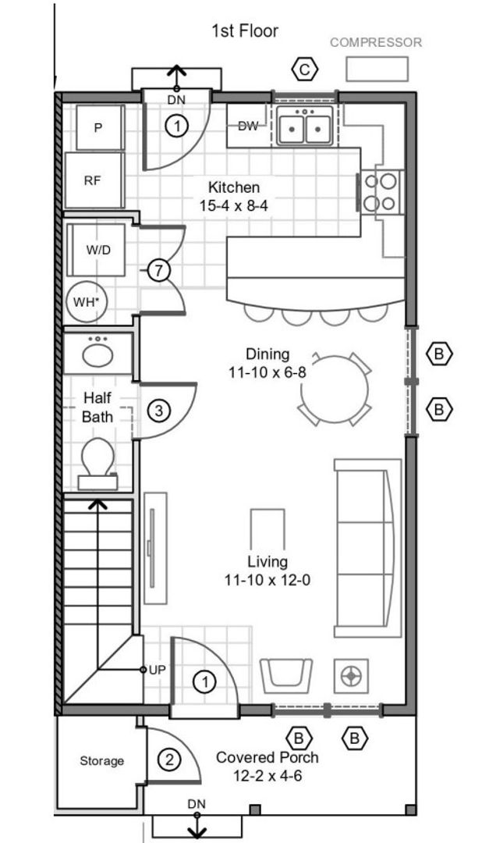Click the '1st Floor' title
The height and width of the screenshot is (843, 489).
point(245,31)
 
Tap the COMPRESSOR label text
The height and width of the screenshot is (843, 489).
point(376,42)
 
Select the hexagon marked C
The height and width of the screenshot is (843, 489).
point(305,69)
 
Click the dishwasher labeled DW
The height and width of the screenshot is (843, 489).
point(248,126)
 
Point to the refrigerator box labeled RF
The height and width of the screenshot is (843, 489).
point(94,180)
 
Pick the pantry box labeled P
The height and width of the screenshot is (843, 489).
point(100,127)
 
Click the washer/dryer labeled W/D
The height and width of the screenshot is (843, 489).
point(97,250)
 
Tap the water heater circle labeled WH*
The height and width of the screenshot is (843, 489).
point(86,301)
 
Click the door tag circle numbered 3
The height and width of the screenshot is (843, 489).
point(158,411)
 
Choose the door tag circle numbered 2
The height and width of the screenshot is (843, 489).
point(169,760)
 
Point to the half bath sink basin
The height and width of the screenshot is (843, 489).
point(97,355)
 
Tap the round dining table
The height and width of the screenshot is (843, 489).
point(335,389)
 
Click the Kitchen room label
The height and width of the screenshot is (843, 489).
point(234,187)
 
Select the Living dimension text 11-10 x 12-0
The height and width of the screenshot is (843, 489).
point(268,581)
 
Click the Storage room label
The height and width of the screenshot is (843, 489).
point(102,761)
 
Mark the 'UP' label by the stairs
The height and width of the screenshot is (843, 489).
point(158,670)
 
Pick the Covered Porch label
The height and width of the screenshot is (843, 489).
point(267,757)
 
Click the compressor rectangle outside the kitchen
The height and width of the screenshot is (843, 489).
point(377,69)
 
